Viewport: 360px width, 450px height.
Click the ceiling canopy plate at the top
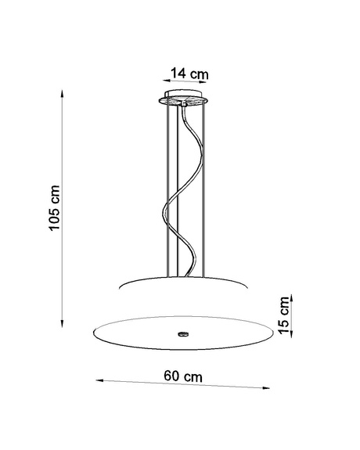[x=185, y=99]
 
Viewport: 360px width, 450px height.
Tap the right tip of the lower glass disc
[x=275, y=333]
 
